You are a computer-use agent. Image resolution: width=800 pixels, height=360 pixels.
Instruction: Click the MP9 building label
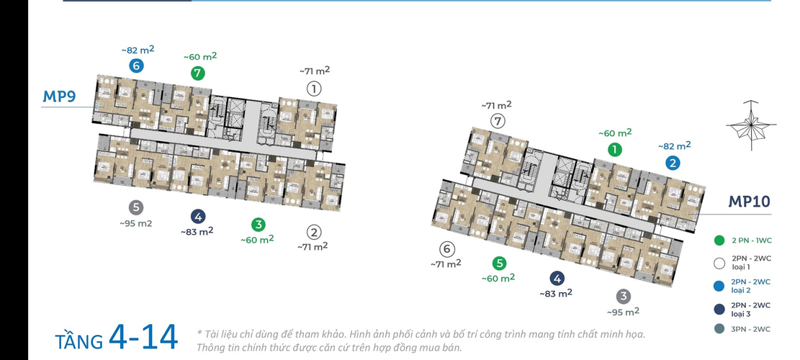[x=59, y=96]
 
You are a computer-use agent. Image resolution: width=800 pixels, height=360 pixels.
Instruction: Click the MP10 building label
[x=749, y=202]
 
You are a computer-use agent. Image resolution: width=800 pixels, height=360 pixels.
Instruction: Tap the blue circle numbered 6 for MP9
[x=136, y=66]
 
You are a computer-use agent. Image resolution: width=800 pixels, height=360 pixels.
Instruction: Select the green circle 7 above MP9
[x=198, y=73]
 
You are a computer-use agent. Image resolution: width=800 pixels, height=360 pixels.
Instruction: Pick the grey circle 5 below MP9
[x=135, y=207]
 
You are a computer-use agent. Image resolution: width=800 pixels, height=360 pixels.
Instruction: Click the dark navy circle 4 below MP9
[x=198, y=217]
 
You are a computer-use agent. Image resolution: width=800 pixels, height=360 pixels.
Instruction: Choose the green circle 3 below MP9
[x=259, y=225]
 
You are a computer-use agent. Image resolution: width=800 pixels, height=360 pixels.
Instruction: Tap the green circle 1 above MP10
[x=615, y=150]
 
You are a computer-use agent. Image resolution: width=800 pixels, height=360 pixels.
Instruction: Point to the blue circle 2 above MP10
[x=673, y=163]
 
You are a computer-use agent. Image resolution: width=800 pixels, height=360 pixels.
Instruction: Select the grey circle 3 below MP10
[x=623, y=296]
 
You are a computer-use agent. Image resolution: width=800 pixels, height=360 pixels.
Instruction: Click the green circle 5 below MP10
[x=499, y=264]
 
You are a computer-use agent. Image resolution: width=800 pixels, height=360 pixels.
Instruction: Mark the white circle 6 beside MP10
[x=447, y=249]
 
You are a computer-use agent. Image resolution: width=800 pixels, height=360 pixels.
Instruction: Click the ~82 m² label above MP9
[x=138, y=50]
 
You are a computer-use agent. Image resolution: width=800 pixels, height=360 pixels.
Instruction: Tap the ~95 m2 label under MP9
[x=135, y=223]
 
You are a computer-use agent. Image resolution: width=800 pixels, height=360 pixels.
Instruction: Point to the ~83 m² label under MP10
[x=556, y=293]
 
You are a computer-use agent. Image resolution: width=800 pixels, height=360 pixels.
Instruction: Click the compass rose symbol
[x=751, y=125]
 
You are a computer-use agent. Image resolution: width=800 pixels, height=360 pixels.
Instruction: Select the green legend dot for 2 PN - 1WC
[x=719, y=240]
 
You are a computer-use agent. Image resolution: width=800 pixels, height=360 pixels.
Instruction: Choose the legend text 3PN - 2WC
[x=751, y=329]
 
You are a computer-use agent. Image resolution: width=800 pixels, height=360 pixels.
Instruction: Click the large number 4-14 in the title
[x=143, y=337]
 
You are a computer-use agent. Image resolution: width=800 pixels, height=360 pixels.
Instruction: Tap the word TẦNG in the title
[x=79, y=340]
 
